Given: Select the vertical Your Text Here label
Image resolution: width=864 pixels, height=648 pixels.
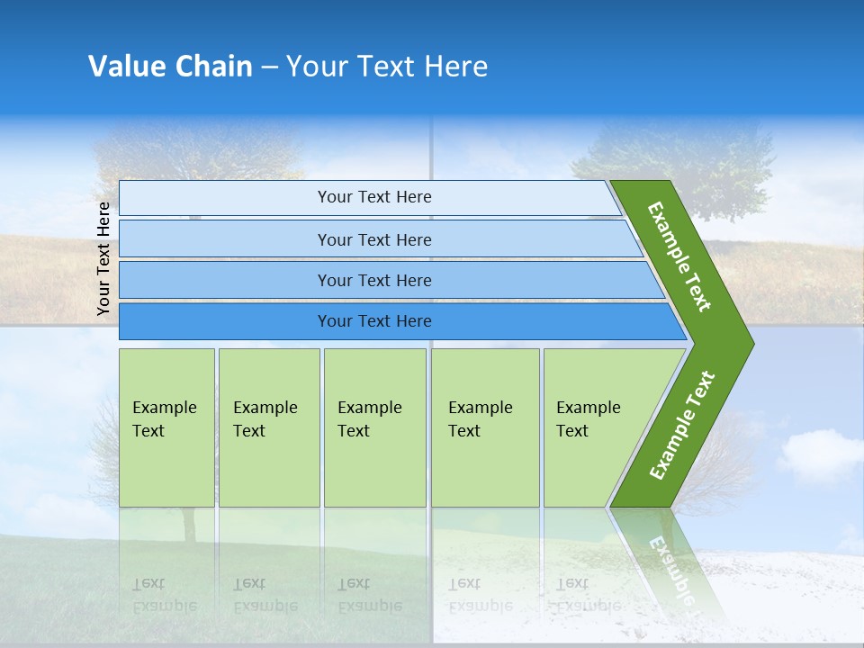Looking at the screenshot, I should (x=103, y=258).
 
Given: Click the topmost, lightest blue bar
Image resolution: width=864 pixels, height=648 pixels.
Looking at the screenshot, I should (x=373, y=197).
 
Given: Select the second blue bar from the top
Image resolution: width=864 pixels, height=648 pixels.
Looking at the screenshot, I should (x=373, y=239).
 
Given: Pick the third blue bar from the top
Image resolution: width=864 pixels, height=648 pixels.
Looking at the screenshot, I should (x=373, y=280).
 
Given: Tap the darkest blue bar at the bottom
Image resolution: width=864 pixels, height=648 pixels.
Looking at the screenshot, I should (x=373, y=321).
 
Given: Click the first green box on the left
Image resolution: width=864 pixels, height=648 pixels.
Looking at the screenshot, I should (x=166, y=427).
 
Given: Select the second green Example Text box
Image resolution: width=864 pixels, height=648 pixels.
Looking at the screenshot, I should (x=268, y=427).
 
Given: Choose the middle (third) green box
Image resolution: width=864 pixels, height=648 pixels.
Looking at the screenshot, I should (x=374, y=427).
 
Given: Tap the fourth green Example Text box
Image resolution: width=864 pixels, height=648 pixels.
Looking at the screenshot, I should (x=484, y=427).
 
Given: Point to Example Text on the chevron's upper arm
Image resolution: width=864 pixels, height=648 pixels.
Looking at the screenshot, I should (x=679, y=256).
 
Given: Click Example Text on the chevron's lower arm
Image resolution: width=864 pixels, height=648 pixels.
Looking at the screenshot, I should (x=682, y=426).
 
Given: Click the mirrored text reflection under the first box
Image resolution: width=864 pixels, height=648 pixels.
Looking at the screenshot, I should (x=165, y=594).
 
